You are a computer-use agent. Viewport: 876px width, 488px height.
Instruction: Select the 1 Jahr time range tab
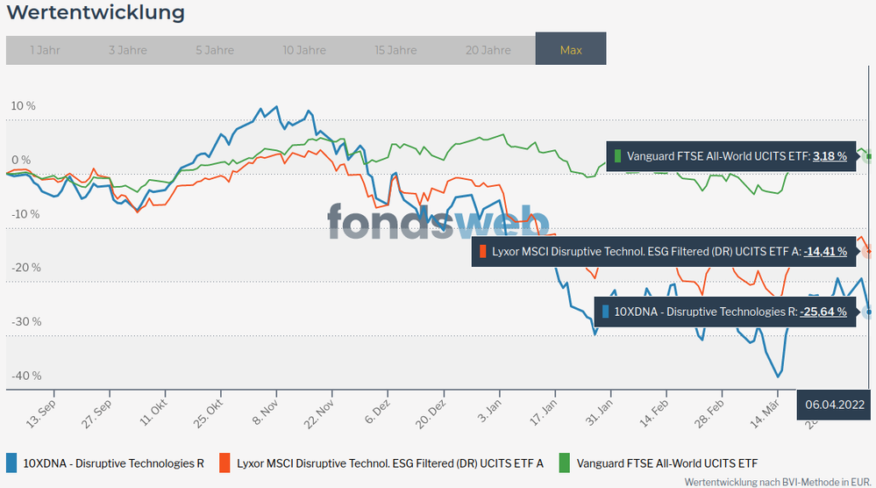(x=45, y=50)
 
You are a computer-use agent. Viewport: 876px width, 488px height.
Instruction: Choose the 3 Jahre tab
(x=128, y=50)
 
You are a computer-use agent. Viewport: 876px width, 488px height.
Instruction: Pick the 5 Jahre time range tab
(x=215, y=50)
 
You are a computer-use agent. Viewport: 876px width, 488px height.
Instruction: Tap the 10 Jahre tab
(x=304, y=50)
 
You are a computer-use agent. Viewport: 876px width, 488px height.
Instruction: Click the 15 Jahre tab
(x=395, y=50)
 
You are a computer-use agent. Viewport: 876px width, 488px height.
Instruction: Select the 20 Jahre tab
(x=488, y=50)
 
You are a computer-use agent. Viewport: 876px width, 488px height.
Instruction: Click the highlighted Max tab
(x=571, y=50)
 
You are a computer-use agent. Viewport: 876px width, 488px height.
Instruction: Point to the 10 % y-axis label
(x=23, y=106)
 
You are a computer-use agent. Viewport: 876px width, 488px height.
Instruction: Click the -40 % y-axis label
(x=25, y=376)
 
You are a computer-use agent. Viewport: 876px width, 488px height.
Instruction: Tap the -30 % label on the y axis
(x=25, y=322)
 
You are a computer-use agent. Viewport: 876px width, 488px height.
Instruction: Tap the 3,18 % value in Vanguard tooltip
(x=830, y=156)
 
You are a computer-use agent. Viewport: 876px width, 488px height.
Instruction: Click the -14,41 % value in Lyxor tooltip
(x=825, y=252)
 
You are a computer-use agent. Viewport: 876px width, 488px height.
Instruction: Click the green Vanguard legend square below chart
(x=565, y=463)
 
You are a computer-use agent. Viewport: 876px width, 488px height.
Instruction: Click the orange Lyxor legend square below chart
(x=225, y=463)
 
